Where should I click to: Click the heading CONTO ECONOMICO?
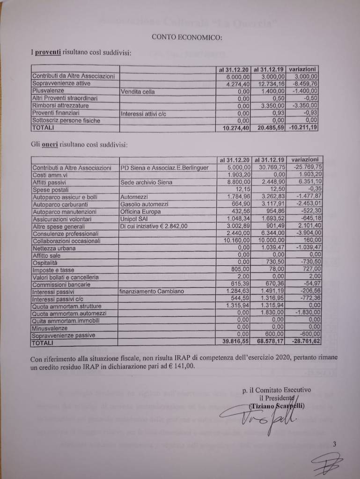[187, 37]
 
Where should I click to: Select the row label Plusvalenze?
[48, 91]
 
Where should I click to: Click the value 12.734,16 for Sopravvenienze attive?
[269, 83]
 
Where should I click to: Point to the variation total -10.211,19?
[302, 128]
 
